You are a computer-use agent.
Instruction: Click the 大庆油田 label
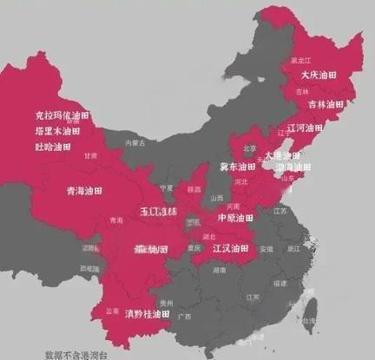pyautogui.click(x=318, y=75)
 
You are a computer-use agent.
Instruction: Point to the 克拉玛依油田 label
pyautogui.click(x=62, y=115)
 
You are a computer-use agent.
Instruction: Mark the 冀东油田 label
pyautogui.click(x=237, y=166)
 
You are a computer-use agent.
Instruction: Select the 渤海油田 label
pyautogui.click(x=293, y=167)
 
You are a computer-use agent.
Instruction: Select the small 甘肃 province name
pyautogui.click(x=90, y=156)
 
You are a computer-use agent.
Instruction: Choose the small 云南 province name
pyautogui.click(x=111, y=309)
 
